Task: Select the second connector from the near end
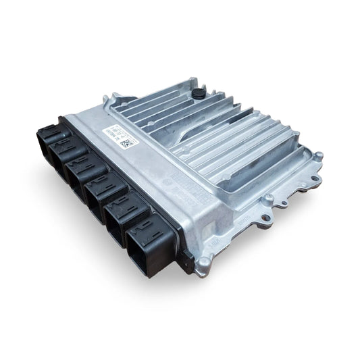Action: [x=128, y=215]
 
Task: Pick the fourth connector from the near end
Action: [x=85, y=173]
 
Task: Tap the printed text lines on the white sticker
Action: [x=112, y=131]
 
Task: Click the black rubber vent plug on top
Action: [x=198, y=91]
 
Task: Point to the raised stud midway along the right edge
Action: [x=269, y=198]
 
